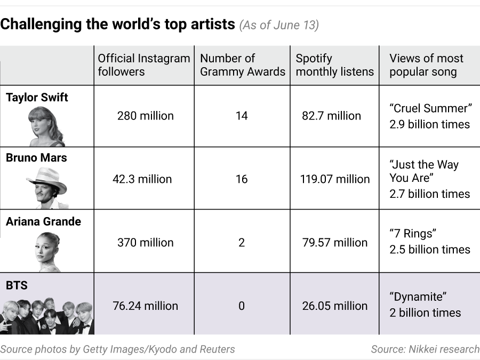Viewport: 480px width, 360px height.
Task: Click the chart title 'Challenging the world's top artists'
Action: pos(118,24)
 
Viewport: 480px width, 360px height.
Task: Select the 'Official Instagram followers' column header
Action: pos(144,65)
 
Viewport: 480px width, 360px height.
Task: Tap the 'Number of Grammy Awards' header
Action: pos(243,65)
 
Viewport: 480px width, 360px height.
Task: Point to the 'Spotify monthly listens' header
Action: pos(334,65)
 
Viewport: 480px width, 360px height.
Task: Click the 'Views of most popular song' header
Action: pos(426,65)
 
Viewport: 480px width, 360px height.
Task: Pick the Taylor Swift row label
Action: pos(37,98)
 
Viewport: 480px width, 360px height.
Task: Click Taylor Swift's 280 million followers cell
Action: pos(145,116)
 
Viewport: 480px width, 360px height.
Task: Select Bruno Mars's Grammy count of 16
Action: pos(242,179)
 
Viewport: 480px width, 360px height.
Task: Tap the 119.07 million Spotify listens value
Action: pos(335,179)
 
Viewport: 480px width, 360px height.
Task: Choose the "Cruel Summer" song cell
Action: pos(430,116)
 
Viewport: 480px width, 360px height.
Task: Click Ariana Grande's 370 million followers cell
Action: pos(145,242)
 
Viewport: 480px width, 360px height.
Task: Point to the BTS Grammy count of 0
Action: pos(242,306)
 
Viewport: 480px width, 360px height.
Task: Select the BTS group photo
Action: pos(47,316)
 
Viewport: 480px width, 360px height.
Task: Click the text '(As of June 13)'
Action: pos(279,25)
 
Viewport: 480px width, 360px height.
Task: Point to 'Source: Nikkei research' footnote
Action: pos(425,349)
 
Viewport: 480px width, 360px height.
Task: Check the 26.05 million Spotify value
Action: pos(335,306)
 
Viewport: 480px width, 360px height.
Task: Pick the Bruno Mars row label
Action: pos(36,158)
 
